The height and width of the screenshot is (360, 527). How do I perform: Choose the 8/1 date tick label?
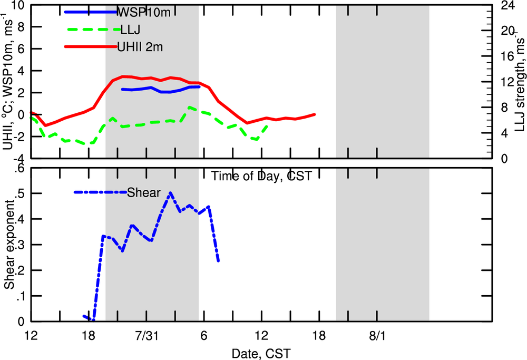pyautogui.click(x=377, y=336)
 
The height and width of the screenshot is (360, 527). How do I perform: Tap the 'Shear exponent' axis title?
pyautogui.click(x=9, y=245)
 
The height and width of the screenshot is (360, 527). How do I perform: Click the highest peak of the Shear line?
pyautogui.click(x=170, y=193)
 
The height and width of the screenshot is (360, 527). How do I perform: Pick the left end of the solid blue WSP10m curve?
pyautogui.click(x=122, y=89)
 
